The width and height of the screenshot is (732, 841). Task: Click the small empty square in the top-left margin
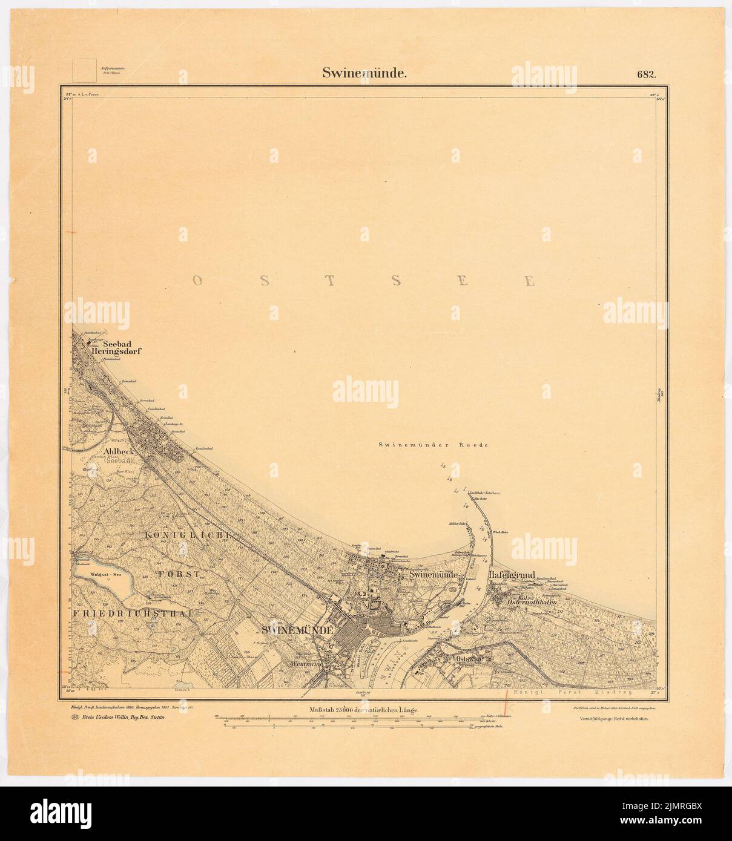84,70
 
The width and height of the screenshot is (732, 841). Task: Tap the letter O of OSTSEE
197,280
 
